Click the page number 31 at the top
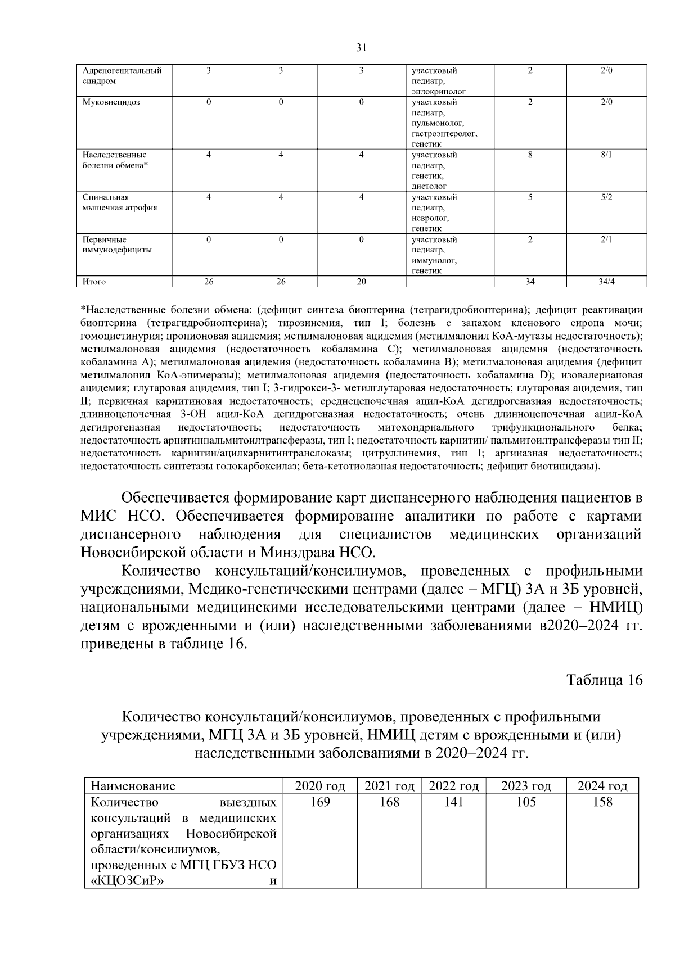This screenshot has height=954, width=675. pyautogui.click(x=362, y=48)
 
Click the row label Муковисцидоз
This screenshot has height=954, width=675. pyautogui.click(x=111, y=102)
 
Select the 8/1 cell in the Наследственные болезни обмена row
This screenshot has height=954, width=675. pyautogui.click(x=606, y=155)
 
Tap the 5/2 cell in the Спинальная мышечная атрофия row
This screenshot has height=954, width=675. pyautogui.click(x=606, y=197)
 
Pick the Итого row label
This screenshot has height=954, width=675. pyautogui.click(x=94, y=282)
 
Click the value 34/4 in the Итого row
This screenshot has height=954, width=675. pyautogui.click(x=606, y=282)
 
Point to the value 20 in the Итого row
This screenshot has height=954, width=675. pyautogui.click(x=361, y=282)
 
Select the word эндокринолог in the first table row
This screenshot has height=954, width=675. pyautogui.click(x=439, y=92)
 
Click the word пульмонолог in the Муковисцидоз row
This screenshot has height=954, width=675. pyautogui.click(x=438, y=123)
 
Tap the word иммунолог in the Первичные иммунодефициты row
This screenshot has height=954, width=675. pyautogui.click(x=434, y=261)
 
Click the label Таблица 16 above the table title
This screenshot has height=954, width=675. pyautogui.click(x=604, y=680)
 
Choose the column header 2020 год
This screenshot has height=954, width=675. pyautogui.click(x=319, y=786)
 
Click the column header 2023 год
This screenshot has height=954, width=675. pyautogui.click(x=526, y=786)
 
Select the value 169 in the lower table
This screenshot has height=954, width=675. pyautogui.click(x=319, y=802)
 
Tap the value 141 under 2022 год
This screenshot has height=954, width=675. pyautogui.click(x=453, y=802)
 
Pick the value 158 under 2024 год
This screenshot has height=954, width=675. pyautogui.click(x=602, y=802)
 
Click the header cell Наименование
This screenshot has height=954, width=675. pyautogui.click(x=133, y=786)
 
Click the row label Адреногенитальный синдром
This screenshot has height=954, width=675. pyautogui.click(x=121, y=76)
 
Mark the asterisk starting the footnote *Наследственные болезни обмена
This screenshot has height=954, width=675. pyautogui.click(x=83, y=310)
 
